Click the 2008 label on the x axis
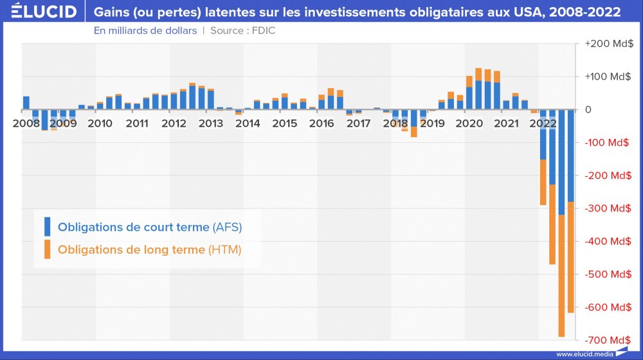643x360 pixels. (x=26, y=123)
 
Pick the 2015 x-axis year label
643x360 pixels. (x=284, y=123)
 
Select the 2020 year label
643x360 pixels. (x=469, y=123)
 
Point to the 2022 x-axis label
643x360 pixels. (x=543, y=123)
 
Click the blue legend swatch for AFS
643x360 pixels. (x=47, y=227)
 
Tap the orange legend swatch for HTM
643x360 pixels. (x=47, y=249)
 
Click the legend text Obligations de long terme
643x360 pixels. (x=132, y=249)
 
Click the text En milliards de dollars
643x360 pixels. (x=145, y=30)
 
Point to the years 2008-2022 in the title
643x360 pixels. (x=582, y=12)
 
